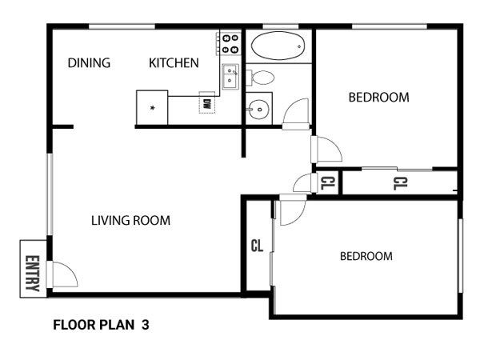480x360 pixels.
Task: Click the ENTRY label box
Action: tap(34, 269)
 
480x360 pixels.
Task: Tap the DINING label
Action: tap(89, 63)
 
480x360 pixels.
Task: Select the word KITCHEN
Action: tap(174, 63)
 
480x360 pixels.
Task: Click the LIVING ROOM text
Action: tap(130, 221)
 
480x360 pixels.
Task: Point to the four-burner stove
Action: tap(230, 43)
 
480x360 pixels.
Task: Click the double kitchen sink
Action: tap(230, 77)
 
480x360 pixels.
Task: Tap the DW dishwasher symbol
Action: tap(207, 102)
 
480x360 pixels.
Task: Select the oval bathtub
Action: tap(278, 46)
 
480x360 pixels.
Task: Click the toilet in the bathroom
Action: tap(260, 78)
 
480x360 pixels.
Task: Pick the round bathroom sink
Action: tap(259, 110)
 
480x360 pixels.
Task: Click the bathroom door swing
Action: tap(296, 114)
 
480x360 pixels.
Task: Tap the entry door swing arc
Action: tap(66, 274)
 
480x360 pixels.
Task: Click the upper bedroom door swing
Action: tap(326, 149)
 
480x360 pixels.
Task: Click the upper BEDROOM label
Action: tap(379, 98)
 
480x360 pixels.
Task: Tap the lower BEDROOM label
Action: tap(366, 256)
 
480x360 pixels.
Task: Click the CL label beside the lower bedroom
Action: tap(257, 246)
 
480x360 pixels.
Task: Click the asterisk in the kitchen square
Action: tap(152, 108)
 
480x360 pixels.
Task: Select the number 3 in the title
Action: tap(146, 325)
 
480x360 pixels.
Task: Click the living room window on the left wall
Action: tap(50, 194)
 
